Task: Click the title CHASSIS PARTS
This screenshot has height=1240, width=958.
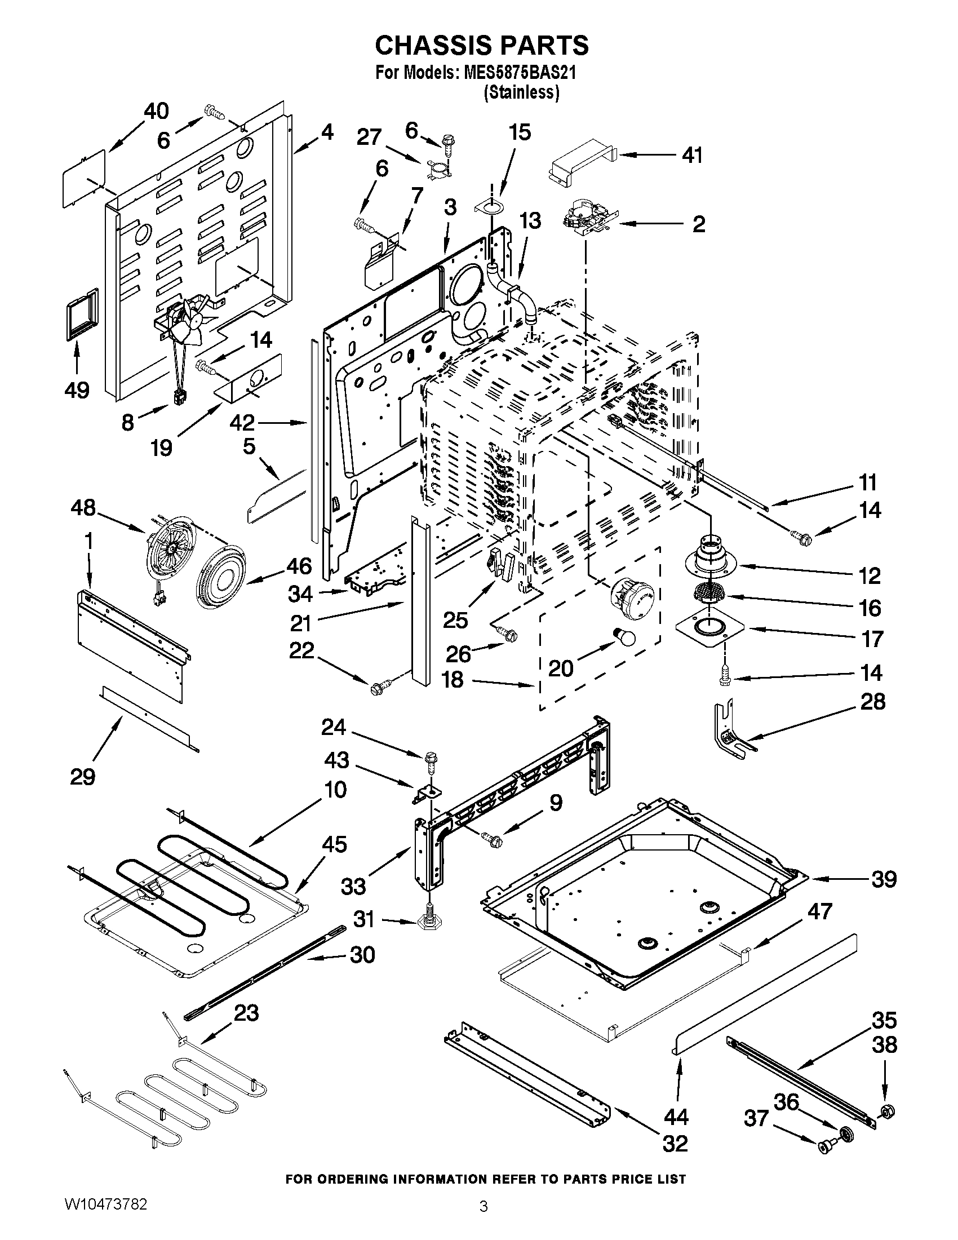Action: [481, 46]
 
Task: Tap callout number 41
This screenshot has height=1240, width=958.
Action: [692, 155]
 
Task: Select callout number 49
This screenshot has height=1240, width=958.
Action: [77, 390]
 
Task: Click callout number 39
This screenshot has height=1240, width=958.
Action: [884, 879]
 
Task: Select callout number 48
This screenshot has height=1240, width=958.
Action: [83, 508]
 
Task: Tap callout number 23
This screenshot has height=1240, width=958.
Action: [246, 1013]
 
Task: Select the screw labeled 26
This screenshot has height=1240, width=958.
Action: [506, 634]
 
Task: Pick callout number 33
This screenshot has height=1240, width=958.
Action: [353, 885]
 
